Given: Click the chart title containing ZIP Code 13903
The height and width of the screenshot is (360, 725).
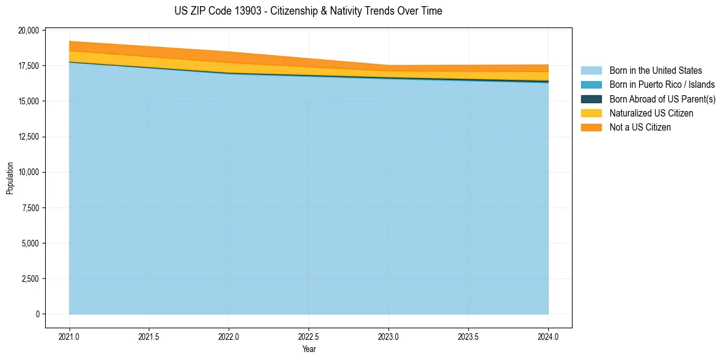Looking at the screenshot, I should point(308,11).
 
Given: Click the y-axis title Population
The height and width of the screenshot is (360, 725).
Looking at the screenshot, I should point(10,178).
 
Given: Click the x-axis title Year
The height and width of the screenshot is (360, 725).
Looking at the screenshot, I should point(309,350).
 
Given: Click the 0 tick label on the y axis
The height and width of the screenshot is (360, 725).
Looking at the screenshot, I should point(37,314).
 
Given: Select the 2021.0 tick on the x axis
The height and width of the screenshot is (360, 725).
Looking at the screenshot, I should point(70,336).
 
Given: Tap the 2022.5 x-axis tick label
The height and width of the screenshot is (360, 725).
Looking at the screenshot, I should point(309,336).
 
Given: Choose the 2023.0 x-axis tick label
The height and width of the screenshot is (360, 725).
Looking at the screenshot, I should point(388,336).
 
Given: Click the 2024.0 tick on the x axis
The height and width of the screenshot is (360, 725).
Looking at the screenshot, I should point(548,336).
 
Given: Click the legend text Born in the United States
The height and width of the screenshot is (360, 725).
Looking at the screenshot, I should point(655,71).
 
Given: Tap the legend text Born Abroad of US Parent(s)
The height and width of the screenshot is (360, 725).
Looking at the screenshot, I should point(662,99).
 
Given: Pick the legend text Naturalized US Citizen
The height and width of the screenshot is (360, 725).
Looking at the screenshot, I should point(651,113).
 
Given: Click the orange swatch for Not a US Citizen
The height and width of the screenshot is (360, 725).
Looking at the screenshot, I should point(591,128).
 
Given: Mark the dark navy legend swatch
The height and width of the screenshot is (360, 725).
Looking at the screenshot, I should point(591,99).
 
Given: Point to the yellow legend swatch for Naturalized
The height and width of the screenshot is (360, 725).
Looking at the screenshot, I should point(591,113).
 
